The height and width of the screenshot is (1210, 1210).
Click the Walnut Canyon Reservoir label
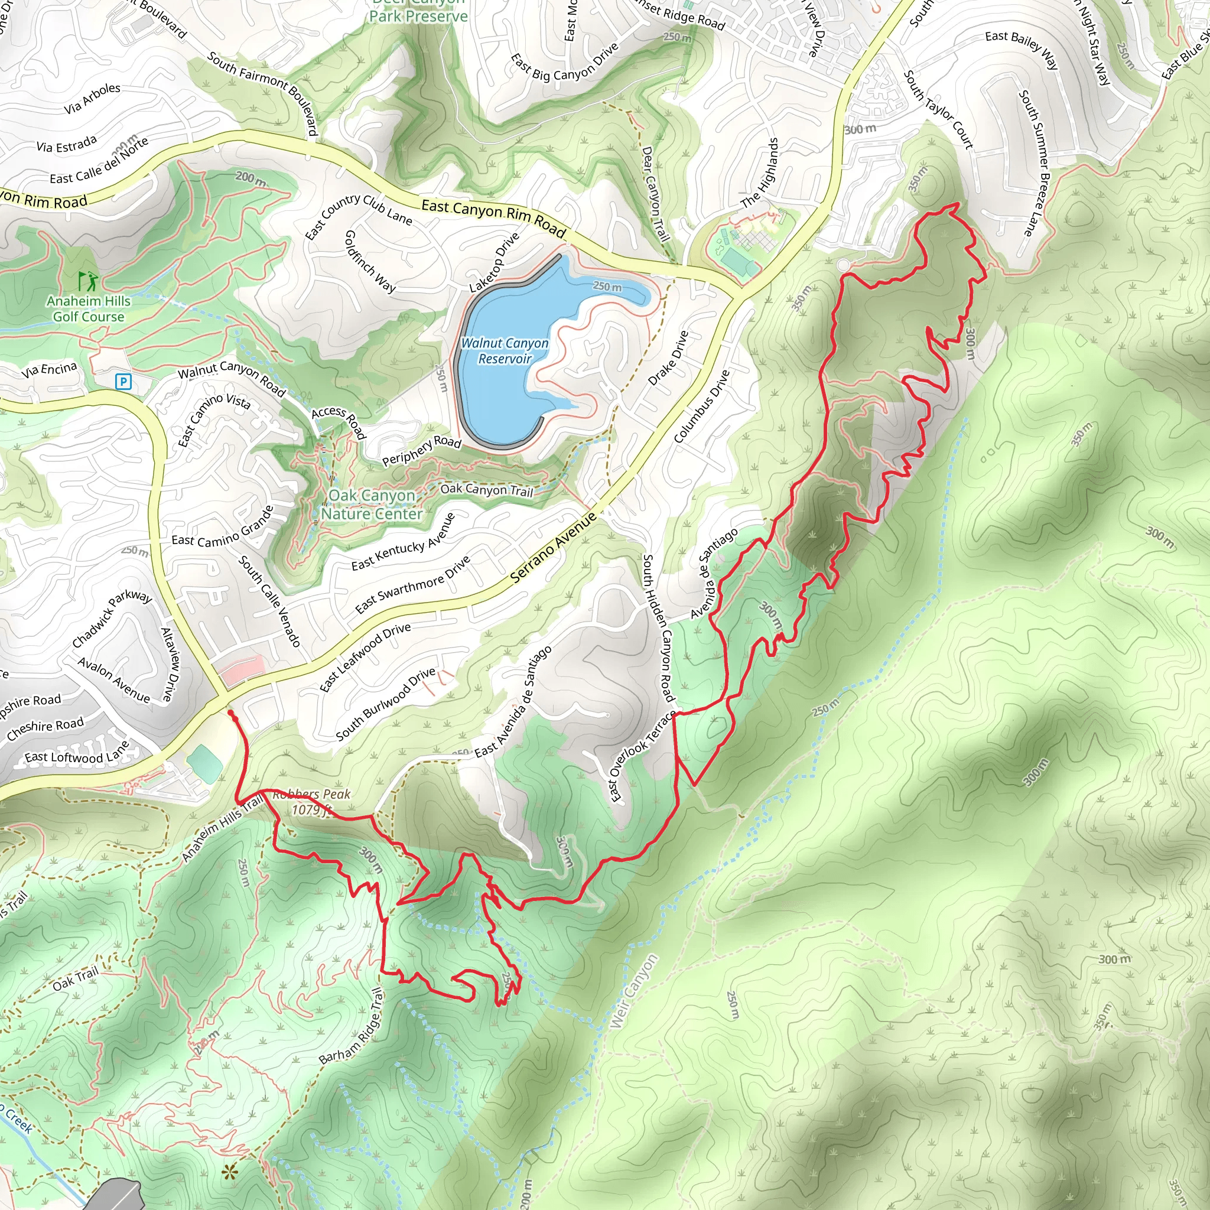coord(504,351)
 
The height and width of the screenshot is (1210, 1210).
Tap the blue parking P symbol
coord(124,382)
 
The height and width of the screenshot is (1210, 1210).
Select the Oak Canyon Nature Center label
coord(372,505)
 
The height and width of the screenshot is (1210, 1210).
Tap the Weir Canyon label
coord(634,991)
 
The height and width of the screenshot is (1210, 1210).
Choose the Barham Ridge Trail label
coord(351,1026)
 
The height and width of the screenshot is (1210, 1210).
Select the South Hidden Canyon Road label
coord(659,627)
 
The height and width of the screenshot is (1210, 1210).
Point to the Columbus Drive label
coord(701,406)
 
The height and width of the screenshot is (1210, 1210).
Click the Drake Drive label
coord(668,358)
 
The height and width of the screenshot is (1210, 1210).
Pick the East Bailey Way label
coord(1022,49)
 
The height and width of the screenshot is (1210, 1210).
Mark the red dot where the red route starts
coord(230,713)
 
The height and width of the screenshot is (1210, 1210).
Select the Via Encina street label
coord(50,369)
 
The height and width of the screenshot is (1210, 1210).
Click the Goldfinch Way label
coord(370,261)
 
